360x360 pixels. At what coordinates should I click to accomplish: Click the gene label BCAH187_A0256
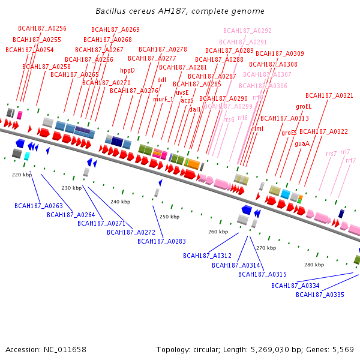42,28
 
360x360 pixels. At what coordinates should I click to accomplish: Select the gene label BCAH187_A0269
115,29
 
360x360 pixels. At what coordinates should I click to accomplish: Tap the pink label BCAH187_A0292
247,31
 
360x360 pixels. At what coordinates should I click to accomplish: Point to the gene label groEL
304,106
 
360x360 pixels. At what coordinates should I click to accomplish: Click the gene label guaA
302,143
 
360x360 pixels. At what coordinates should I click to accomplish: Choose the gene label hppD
127,70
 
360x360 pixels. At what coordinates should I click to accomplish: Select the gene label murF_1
163,99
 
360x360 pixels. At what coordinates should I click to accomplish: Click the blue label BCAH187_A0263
38,206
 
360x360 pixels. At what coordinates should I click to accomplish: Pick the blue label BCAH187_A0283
161,241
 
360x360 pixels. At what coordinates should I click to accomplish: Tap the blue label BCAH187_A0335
320,295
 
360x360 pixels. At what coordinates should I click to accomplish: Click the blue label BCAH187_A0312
207,256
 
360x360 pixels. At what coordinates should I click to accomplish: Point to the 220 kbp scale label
22,175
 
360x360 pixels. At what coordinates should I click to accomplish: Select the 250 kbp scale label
169,217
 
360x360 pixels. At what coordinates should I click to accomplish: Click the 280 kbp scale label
314,265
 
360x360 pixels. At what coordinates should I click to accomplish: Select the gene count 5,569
342,349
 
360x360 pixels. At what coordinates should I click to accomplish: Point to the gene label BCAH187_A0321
329,95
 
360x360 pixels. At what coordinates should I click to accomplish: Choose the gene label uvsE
182,92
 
